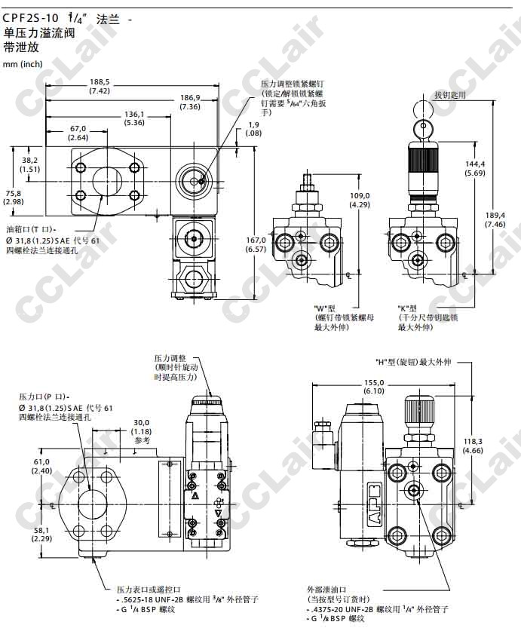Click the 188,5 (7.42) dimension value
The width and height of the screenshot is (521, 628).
pyautogui.click(x=100, y=86)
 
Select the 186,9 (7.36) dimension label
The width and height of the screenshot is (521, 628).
pyautogui.click(x=190, y=103)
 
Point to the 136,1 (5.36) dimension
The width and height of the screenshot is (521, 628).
pyautogui.click(x=134, y=118)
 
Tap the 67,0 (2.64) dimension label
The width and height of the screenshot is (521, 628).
pyautogui.click(x=78, y=133)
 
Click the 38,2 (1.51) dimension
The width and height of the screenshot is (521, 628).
pyautogui.click(x=29, y=164)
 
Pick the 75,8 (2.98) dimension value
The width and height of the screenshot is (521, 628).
pyautogui.click(x=14, y=197)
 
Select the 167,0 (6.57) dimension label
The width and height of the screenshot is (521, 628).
pyautogui.click(x=257, y=244)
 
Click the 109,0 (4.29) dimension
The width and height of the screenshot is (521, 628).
pyautogui.click(x=360, y=200)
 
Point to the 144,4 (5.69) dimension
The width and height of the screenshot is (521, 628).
pyautogui.click(x=475, y=168)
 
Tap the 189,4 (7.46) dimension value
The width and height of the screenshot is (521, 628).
pyautogui.click(x=495, y=219)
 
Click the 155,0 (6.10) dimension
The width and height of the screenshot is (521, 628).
pyautogui.click(x=374, y=386)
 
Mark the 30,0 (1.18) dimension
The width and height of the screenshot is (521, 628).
pyautogui.click(x=142, y=430)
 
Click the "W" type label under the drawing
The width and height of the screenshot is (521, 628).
pyautogui.click(x=325, y=309)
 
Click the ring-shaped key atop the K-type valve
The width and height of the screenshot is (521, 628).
pyautogui.click(x=421, y=110)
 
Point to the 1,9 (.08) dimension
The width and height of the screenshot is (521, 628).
pyautogui.click(x=254, y=129)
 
